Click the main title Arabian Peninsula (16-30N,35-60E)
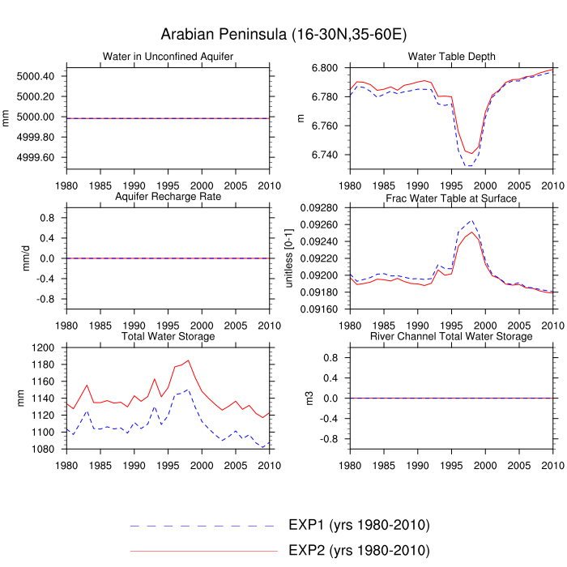(x=283, y=34)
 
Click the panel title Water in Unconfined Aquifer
(x=168, y=56)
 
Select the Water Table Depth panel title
(x=452, y=56)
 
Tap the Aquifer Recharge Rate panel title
(x=168, y=198)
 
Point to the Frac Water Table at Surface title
(x=452, y=198)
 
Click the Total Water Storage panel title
(x=168, y=336)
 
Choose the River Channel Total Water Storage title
(x=452, y=336)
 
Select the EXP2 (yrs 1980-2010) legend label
(x=359, y=551)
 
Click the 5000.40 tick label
(x=36, y=76)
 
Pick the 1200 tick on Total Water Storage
(x=43, y=347)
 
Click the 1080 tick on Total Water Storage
(x=43, y=449)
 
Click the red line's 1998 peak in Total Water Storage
(x=188, y=360)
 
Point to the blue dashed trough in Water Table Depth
(x=468, y=166)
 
